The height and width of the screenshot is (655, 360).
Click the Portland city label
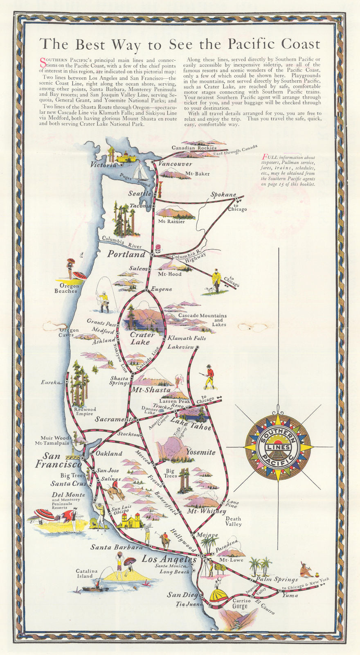pyautogui.click(x=126, y=254)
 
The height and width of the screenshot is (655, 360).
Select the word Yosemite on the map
pyautogui.click(x=200, y=452)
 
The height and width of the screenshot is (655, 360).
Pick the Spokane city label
pyautogui.click(x=223, y=194)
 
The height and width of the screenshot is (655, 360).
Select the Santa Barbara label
pyautogui.click(x=117, y=547)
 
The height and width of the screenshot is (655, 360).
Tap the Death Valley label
pyautogui.click(x=233, y=521)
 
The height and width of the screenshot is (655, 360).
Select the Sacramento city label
pyautogui.click(x=114, y=420)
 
